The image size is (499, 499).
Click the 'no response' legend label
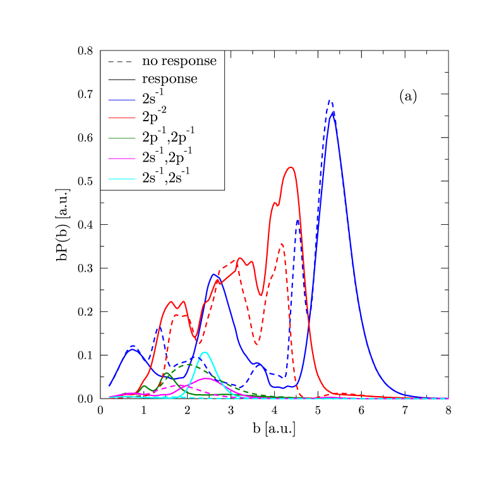[x=179, y=61]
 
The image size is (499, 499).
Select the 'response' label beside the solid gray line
[x=169, y=79]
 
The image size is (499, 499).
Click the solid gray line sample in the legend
[x=121, y=80]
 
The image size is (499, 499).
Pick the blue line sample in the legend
[x=121, y=100]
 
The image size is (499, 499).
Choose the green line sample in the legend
[x=121, y=137]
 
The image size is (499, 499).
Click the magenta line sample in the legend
[x=121, y=158]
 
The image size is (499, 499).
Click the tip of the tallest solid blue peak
[x=333, y=112]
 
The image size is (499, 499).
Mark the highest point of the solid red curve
[x=290, y=167]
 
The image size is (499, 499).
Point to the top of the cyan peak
[x=204, y=352]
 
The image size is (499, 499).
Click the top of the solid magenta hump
[x=205, y=378]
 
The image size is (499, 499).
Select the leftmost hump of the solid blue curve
[x=131, y=349]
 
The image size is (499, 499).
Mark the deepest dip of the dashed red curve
[x=256, y=345]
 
